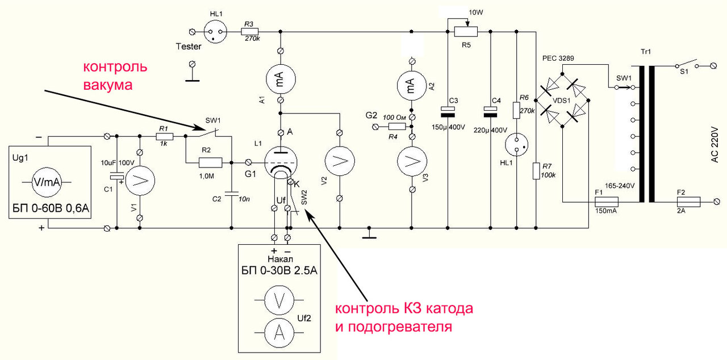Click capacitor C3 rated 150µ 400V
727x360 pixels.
[x=448, y=111]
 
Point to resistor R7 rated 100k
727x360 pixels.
[x=536, y=171]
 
